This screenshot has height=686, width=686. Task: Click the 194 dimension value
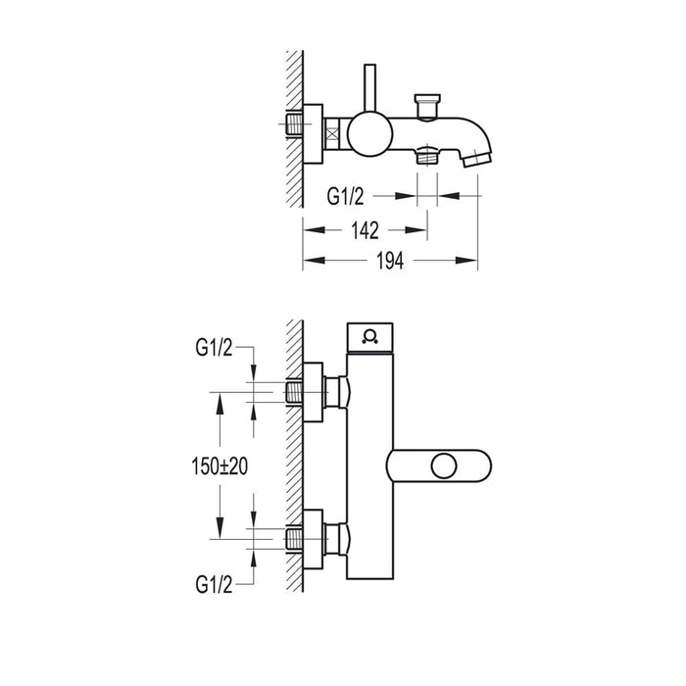[388, 261]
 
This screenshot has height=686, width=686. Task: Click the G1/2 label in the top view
[347, 196]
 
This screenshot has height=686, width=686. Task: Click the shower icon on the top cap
[368, 337]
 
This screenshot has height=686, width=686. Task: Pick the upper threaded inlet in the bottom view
[293, 394]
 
